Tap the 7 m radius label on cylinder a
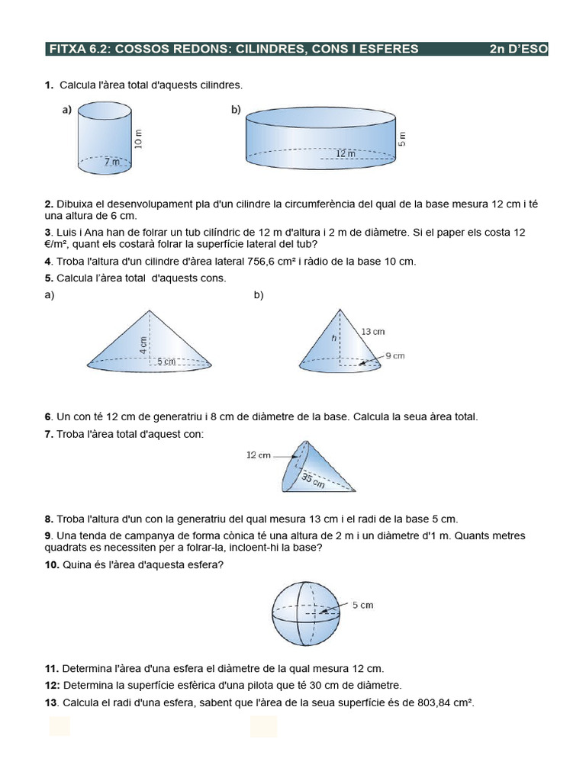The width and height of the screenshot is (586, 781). click(112, 162)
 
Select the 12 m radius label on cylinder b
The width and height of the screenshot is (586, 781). click(346, 154)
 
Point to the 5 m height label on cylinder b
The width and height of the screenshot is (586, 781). click(403, 139)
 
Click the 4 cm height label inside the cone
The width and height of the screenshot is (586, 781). click(143, 344)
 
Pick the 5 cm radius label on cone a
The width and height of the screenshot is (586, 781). click(166, 362)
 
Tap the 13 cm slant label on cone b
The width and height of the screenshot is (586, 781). click(373, 332)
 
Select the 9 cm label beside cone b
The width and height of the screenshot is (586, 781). click(394, 355)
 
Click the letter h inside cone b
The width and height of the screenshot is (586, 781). click(333, 337)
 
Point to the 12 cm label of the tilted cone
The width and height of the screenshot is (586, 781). click(259, 455)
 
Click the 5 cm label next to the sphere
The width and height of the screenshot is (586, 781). click(362, 606)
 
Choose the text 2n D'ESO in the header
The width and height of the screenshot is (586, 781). click(518, 50)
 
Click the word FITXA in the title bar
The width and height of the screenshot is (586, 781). click(68, 50)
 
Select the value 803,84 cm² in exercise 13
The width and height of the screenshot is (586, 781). click(446, 702)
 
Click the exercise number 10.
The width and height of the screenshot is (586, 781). click(52, 564)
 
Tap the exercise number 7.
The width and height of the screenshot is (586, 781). click(50, 434)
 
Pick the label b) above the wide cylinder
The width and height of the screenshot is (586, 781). click(236, 110)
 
